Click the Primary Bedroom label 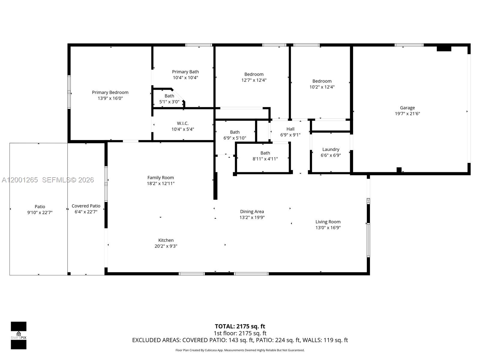[x=110, y=92]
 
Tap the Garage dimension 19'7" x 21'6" [x=407, y=114]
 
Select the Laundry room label [x=331, y=149]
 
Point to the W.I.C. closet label [x=183, y=123]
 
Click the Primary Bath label [x=185, y=72]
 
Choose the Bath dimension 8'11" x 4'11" [x=265, y=159]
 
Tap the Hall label [x=290, y=129]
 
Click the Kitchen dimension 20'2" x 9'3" [x=166, y=246]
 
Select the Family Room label [x=160, y=178]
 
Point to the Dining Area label [x=252, y=211]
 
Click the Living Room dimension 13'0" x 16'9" [x=328, y=228]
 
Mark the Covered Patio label [x=86, y=206]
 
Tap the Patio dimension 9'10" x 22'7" [x=40, y=212]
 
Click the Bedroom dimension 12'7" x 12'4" [x=254, y=80]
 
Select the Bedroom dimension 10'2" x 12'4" [x=322, y=87]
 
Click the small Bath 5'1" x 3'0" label [x=169, y=96]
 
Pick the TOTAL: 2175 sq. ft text [x=240, y=326]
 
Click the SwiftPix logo [x=19, y=335]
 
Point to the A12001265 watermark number [x=20, y=180]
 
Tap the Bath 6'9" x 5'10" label [x=235, y=132]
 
